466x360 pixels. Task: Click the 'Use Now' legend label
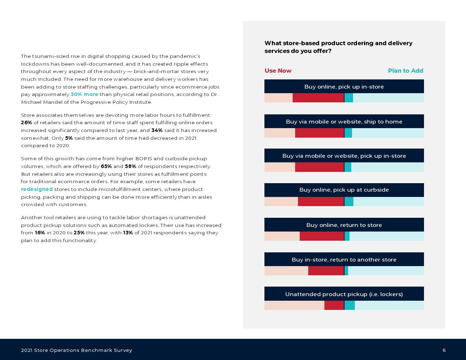coord(278,71)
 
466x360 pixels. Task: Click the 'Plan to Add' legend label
coord(405,71)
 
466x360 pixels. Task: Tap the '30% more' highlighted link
coord(84,94)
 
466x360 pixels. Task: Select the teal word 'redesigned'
coord(37,189)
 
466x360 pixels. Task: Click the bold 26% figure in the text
coord(26,122)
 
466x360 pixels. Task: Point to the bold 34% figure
coord(157,130)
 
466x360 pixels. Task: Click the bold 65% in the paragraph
coord(106,166)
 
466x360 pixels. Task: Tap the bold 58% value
coord(130,166)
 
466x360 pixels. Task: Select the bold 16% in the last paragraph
coord(40,233)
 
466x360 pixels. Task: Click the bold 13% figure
coord(128,233)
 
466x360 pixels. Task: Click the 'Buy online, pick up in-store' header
coord(344,86)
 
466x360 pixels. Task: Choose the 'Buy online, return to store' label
coord(344,225)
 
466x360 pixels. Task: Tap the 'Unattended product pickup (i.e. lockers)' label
coord(344,294)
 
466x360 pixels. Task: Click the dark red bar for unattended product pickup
coord(334,305)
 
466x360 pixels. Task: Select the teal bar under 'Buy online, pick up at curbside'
coord(349,202)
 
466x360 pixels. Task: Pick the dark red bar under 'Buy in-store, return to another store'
coord(326,271)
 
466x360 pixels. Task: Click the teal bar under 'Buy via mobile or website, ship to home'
coord(348,133)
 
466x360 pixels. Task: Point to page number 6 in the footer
coord(444,350)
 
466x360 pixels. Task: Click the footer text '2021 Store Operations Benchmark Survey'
coord(77,350)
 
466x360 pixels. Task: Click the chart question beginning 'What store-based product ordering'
coord(338,47)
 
